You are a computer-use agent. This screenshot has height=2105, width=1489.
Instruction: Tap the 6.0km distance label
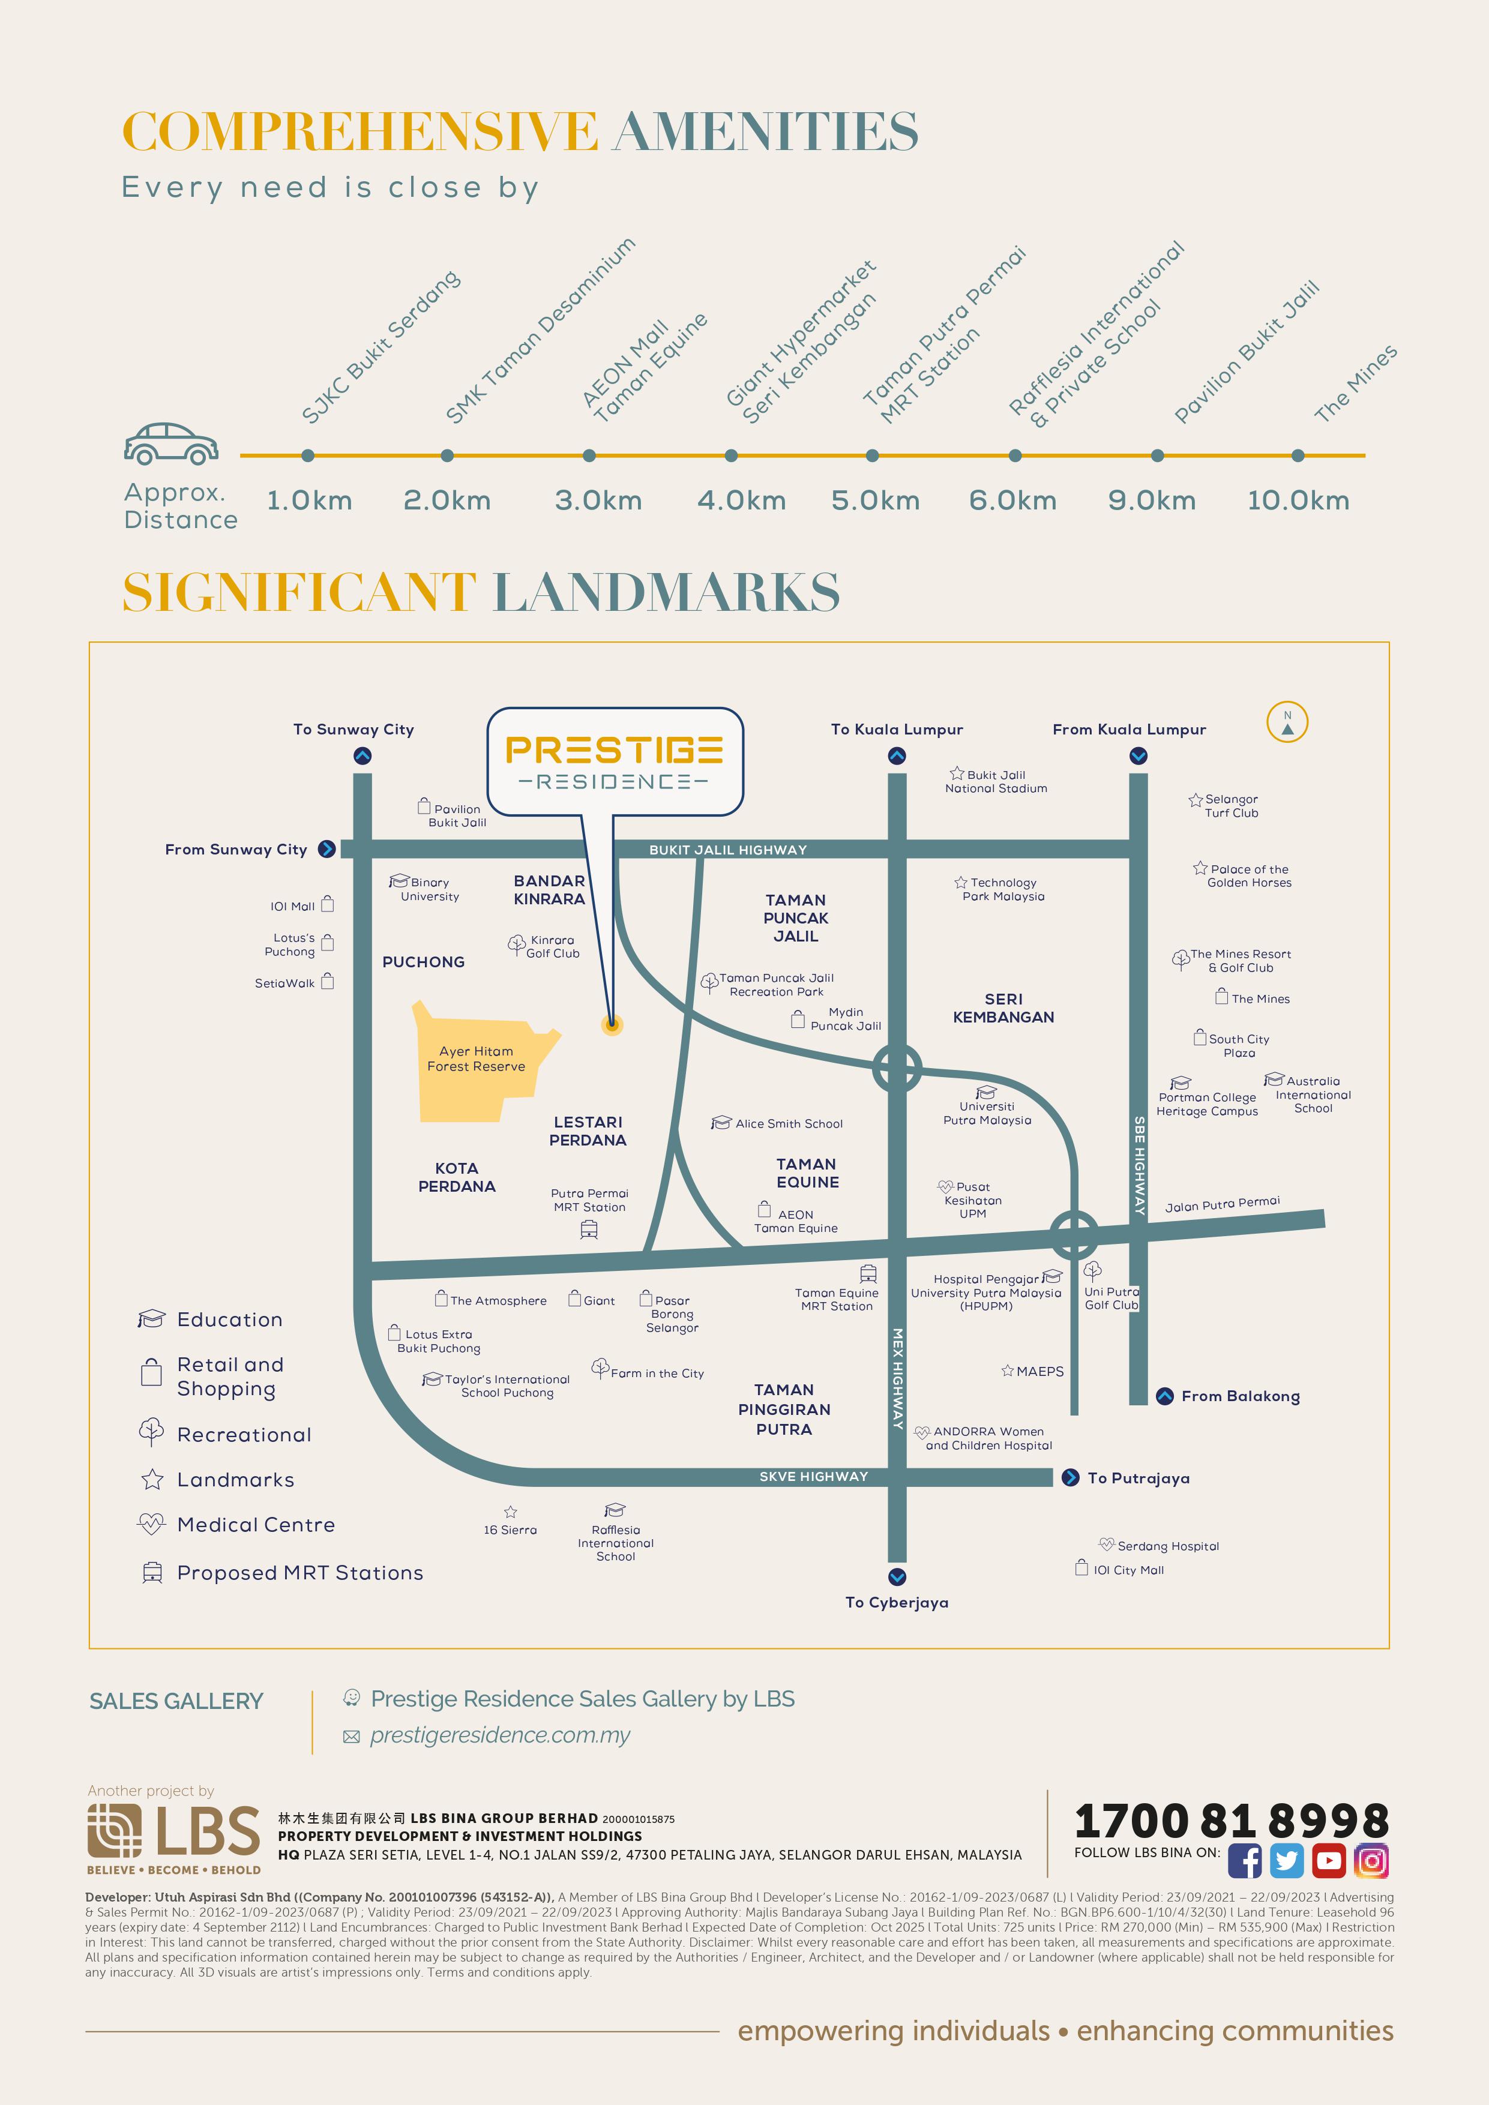click(1012, 500)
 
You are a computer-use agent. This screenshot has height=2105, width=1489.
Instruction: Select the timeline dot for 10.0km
click(1298, 455)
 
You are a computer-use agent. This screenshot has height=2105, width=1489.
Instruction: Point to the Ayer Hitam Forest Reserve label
click(476, 1059)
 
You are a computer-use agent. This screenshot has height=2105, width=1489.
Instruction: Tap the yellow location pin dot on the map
click(612, 1024)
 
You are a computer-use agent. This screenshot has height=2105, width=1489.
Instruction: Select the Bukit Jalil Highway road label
click(728, 850)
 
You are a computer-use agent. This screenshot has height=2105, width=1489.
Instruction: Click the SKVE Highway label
click(813, 1476)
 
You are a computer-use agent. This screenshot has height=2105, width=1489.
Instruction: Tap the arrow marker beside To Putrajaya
click(1070, 1478)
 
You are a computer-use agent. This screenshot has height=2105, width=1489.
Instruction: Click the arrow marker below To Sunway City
click(362, 756)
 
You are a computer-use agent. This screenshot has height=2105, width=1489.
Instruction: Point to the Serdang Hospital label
click(1167, 1546)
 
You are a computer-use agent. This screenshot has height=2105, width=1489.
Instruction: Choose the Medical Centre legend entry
click(256, 1525)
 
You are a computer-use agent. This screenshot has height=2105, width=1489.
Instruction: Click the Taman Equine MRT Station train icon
click(868, 1273)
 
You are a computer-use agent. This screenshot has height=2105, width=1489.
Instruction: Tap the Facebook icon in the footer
click(1244, 1862)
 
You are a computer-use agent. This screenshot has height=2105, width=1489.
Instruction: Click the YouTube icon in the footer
click(1329, 1862)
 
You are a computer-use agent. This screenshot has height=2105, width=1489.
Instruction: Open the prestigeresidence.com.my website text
click(500, 1735)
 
